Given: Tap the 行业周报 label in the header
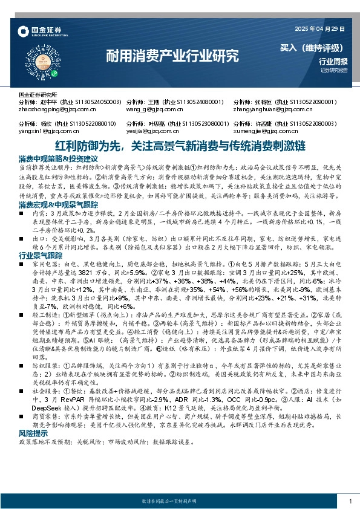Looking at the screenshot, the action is tap(333, 62).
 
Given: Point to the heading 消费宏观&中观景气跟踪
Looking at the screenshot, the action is tap(59, 206).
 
